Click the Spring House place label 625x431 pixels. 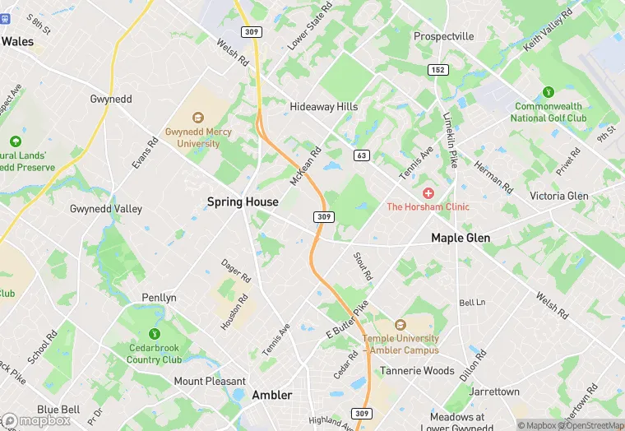[243, 202]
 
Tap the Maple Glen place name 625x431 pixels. [461, 238]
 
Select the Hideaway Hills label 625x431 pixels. [324, 107]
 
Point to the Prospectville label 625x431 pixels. [444, 36]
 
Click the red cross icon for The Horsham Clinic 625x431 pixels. [428, 192]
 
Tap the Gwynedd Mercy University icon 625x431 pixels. [198, 118]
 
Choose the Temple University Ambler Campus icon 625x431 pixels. [400, 325]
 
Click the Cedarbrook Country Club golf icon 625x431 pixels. [154, 334]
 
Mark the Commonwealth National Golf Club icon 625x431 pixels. [549, 91]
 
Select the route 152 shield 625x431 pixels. [438, 70]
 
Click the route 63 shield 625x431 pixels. [361, 155]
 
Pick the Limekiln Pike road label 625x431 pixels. [450, 141]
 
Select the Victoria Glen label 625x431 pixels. [559, 196]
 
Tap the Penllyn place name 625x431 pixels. [159, 298]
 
